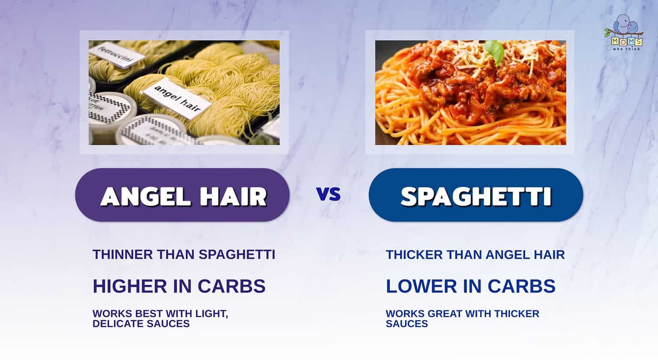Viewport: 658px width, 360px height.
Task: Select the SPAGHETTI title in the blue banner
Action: [476, 196]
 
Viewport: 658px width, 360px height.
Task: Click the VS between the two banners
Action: [329, 195]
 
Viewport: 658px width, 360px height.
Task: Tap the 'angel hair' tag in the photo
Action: [176, 98]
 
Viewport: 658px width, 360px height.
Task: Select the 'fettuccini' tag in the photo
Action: [116, 56]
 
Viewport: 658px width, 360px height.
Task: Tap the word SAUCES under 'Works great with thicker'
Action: [407, 324]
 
